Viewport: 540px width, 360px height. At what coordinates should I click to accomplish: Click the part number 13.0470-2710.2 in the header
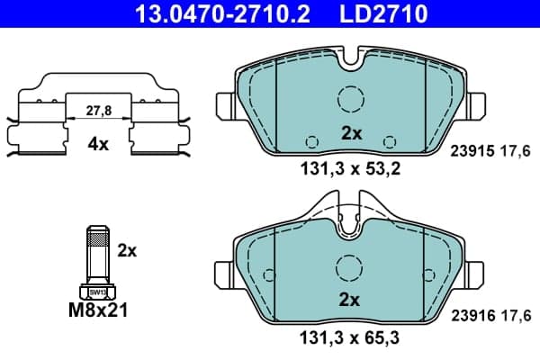[x=223, y=14]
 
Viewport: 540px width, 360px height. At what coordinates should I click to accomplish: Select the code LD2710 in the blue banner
[x=383, y=14]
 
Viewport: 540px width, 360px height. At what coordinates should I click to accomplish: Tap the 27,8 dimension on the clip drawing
[x=98, y=111]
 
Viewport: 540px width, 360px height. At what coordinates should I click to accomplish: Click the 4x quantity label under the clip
[x=98, y=144]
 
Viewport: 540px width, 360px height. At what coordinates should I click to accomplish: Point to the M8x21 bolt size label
[x=98, y=310]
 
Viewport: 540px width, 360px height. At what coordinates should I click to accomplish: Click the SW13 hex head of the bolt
[x=98, y=292]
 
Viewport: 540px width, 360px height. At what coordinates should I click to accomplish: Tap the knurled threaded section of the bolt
[x=98, y=238]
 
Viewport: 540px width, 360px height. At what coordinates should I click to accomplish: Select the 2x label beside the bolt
[x=127, y=251]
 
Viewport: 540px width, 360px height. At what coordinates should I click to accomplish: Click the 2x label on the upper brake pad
[x=352, y=133]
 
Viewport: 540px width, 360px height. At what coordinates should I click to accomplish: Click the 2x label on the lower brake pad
[x=349, y=300]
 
